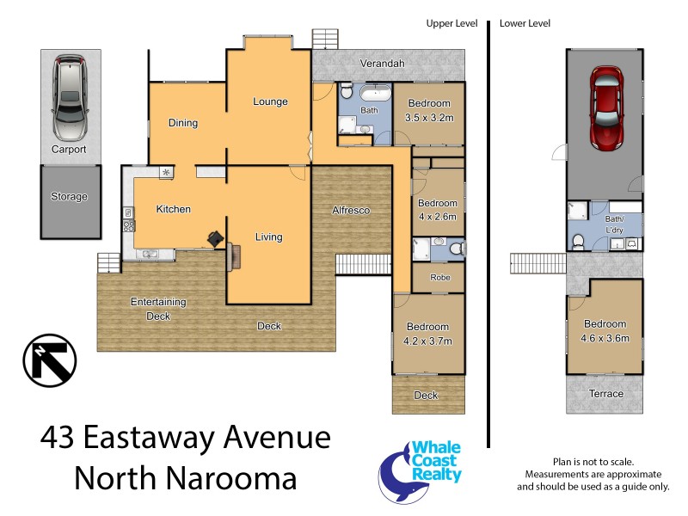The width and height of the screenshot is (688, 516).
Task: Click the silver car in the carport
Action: [x=69, y=98]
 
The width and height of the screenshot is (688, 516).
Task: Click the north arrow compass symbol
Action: [x=49, y=359]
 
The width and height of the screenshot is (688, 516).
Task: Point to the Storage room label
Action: [x=69, y=197]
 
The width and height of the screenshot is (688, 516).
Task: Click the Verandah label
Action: [x=383, y=64]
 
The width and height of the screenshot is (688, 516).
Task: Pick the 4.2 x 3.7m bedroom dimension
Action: [x=427, y=341]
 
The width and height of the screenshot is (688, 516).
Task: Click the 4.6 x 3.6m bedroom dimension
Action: [x=605, y=337]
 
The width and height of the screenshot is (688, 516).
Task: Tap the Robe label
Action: [x=439, y=278]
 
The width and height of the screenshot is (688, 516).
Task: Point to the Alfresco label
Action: [x=351, y=210]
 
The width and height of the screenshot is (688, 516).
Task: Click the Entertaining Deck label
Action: [x=158, y=309]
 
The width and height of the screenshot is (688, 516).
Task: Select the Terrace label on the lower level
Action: [x=605, y=394]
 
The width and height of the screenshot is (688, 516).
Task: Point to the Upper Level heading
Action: [x=451, y=23]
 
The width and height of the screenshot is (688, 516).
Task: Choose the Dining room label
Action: [x=183, y=123]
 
